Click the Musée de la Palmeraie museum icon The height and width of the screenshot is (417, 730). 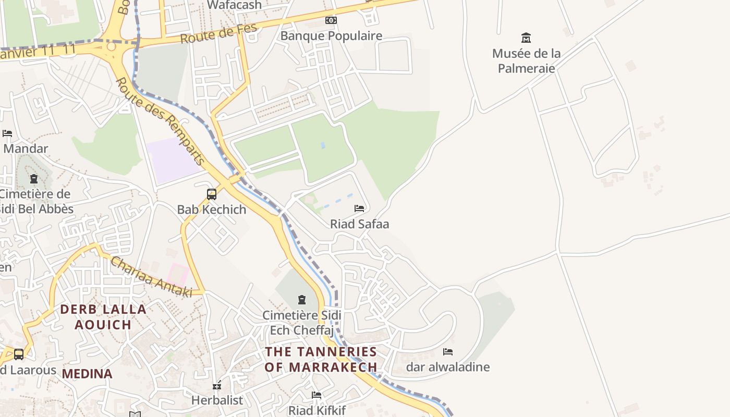click(526, 38)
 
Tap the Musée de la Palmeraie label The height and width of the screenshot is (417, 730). click(526, 60)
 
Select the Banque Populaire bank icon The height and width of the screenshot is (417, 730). click(331, 20)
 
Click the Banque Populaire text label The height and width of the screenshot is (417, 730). click(331, 36)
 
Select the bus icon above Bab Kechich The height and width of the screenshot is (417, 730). click(212, 194)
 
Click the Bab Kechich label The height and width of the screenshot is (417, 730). click(212, 210)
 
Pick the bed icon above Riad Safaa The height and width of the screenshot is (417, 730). click(359, 208)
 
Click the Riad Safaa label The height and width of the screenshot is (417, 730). click(359, 224)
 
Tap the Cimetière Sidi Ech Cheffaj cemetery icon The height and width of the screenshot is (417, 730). click(301, 300)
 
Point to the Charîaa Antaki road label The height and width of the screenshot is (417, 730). click(151, 276)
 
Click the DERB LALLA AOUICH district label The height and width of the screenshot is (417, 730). click(103, 317)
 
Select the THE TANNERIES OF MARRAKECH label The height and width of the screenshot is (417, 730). click(321, 359)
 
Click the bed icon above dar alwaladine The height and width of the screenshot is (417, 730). click(448, 352)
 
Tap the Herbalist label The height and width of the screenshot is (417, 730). click(217, 400)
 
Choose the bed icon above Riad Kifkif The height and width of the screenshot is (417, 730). click(317, 395)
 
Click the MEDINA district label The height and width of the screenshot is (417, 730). click(87, 374)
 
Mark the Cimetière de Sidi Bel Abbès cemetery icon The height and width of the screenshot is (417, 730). click(34, 179)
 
